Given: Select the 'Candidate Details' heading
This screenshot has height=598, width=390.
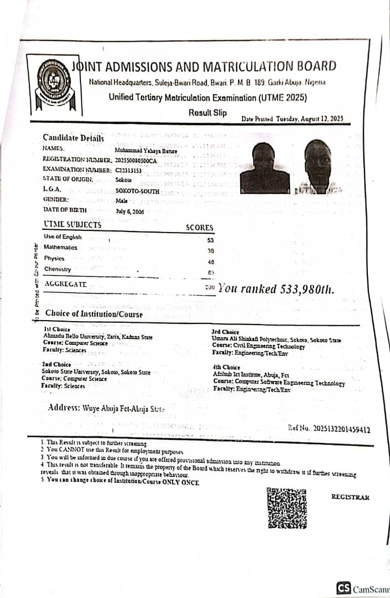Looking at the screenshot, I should click(x=73, y=138).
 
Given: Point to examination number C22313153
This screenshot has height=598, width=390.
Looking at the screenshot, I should click(x=129, y=170).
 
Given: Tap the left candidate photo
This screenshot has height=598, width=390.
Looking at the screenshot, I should click(x=265, y=167).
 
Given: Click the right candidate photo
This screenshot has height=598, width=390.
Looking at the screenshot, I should click(x=318, y=166).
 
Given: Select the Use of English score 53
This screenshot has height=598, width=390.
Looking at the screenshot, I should click(x=210, y=240).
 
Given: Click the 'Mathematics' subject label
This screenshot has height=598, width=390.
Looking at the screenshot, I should click(x=60, y=248).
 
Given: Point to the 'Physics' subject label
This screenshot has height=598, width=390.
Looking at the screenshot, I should click(x=54, y=258).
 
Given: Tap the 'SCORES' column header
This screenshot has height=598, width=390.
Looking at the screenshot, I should click(x=199, y=228).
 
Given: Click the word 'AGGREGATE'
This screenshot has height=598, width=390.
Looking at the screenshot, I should click(x=65, y=284).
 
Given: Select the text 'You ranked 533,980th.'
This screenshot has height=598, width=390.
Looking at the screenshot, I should click(x=276, y=288).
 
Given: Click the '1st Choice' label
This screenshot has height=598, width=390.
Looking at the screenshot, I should click(x=53, y=329).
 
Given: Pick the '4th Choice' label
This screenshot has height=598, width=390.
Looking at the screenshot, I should click(x=226, y=367).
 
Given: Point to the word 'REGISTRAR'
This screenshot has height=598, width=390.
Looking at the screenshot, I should click(x=350, y=497).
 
